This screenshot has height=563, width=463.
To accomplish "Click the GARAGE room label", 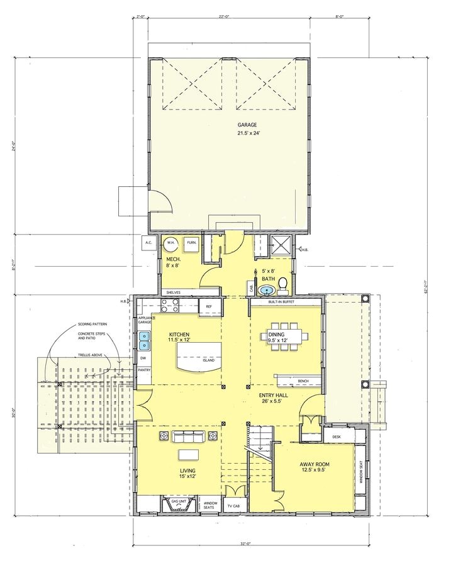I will (247, 125).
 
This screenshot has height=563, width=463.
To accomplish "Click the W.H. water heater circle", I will (170, 242).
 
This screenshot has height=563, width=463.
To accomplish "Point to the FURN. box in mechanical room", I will (191, 242).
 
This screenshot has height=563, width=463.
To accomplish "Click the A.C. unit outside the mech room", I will (149, 242).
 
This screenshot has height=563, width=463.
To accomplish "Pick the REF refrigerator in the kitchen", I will (208, 306).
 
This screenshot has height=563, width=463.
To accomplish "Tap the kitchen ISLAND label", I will (208, 360).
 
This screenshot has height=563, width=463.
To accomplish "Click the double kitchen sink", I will (145, 340).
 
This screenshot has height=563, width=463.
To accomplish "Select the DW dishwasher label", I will (143, 358).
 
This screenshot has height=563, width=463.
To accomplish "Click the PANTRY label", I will (144, 371).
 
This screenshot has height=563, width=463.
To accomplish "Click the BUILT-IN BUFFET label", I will (282, 303).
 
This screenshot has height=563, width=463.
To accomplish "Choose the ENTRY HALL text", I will (274, 395).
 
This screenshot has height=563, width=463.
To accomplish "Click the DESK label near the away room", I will (336, 436).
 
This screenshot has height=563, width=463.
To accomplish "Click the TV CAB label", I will (233, 506).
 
